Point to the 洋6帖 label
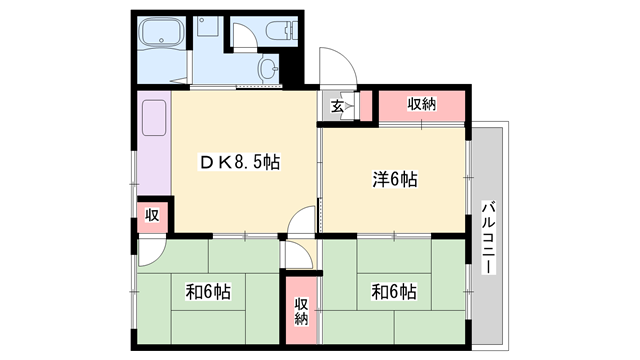(394, 180)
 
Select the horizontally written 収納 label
(422, 104)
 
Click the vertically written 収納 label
(301, 312)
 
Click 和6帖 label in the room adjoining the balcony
(394, 293)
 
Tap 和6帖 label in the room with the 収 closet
(209, 293)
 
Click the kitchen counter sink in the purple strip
(155, 121)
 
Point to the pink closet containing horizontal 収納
(420, 105)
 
